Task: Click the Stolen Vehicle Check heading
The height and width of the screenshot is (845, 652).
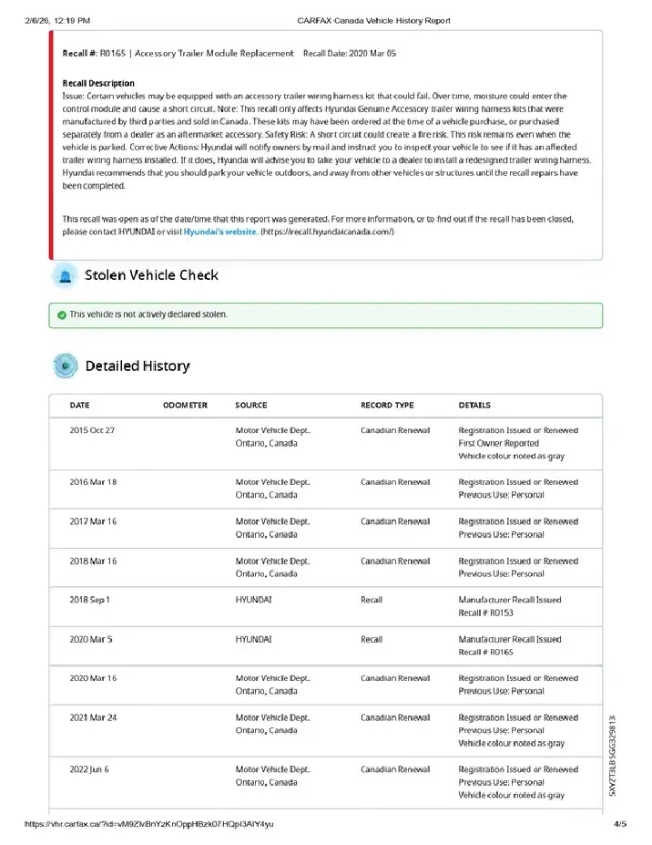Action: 151,275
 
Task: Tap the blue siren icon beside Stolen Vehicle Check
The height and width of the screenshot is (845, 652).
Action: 65,275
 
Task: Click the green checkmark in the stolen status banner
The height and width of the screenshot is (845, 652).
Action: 61,314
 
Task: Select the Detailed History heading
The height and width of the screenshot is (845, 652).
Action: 138,366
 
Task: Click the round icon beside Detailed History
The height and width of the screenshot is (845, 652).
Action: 65,366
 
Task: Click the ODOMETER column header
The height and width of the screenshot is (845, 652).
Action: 185,406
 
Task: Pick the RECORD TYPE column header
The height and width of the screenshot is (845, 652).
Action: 387,406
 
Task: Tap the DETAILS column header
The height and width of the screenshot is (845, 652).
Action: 474,406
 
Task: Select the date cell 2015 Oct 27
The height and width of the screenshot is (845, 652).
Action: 92,430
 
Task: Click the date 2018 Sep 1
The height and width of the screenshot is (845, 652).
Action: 89,600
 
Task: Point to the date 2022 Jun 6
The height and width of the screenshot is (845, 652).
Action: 89,769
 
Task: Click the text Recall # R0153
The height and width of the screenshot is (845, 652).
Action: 486,613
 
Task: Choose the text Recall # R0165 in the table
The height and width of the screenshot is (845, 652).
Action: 486,652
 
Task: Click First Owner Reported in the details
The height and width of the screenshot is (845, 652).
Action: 499,443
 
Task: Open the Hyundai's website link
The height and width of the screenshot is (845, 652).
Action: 219,232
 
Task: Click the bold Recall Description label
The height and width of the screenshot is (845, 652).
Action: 98,83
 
